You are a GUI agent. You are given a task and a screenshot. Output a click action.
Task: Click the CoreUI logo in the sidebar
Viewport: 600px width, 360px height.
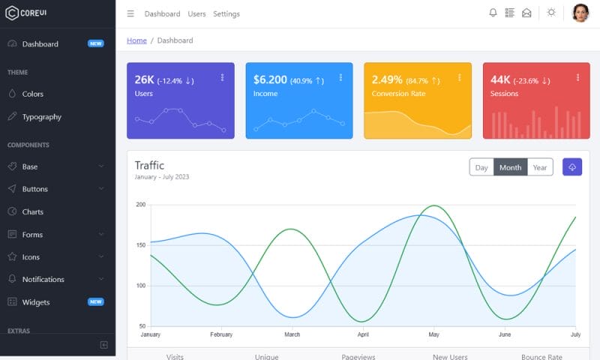(26, 13)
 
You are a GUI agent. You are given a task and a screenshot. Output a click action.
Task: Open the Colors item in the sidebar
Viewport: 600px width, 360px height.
(32, 94)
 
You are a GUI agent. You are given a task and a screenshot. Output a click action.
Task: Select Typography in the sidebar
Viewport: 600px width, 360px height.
(41, 116)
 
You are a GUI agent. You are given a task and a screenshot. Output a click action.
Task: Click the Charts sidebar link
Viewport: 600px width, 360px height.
(32, 211)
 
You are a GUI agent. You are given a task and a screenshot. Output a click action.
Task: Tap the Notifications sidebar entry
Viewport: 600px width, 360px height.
(43, 279)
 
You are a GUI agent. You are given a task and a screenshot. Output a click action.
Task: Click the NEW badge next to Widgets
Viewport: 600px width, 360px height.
(95, 301)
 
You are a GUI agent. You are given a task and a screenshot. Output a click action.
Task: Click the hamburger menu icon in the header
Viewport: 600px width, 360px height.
(130, 13)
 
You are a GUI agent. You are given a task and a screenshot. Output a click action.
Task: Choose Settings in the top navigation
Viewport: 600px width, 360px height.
(226, 13)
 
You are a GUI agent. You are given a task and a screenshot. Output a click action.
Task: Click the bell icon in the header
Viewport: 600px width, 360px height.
(493, 13)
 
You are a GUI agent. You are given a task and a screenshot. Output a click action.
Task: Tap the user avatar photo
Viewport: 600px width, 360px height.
(580, 13)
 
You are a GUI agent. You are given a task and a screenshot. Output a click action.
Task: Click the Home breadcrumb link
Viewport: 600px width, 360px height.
(136, 40)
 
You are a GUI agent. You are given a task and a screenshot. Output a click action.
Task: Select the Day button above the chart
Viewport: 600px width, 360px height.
(481, 167)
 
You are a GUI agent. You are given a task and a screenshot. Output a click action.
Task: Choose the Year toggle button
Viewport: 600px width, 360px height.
(539, 167)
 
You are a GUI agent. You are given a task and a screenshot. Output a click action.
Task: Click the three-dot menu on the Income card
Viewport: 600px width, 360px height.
(340, 77)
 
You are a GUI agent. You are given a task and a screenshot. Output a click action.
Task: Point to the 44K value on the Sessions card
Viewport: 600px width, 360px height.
(500, 79)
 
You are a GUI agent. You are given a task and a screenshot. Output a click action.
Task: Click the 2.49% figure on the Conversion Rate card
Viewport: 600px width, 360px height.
(387, 79)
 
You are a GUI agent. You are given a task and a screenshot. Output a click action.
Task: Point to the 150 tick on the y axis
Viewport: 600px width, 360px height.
(141, 245)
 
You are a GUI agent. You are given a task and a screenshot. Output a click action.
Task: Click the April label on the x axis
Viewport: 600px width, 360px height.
(363, 334)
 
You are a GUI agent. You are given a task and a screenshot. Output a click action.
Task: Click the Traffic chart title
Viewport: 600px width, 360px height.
(149, 165)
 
